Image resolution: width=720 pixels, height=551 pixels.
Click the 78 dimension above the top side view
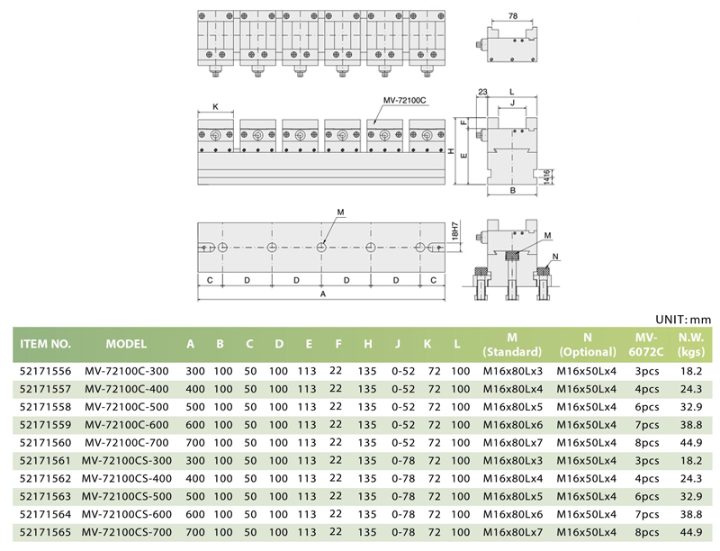513,16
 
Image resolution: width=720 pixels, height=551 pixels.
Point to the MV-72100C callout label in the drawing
404,100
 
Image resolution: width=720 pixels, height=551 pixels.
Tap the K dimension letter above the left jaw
216,106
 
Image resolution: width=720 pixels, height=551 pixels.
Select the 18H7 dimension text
455,231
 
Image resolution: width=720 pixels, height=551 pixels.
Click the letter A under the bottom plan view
323,294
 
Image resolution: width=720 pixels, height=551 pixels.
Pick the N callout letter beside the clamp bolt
555,257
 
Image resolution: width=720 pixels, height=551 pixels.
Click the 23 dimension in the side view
482,92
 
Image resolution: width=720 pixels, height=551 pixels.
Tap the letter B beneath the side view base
513,190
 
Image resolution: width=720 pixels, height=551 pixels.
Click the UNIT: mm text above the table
683,320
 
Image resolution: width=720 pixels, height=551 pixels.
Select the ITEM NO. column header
46,344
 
